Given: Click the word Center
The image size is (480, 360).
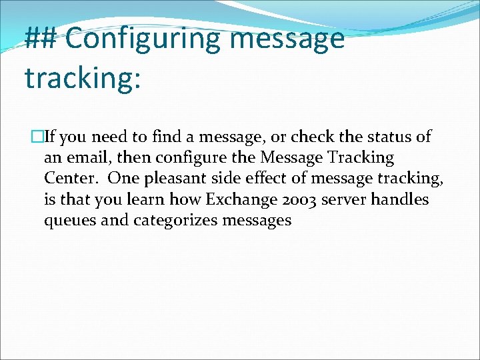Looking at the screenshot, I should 71,179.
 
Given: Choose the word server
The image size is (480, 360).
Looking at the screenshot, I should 346,200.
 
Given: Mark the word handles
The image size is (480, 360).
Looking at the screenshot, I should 402,200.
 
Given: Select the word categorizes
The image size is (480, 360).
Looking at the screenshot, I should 177,221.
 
